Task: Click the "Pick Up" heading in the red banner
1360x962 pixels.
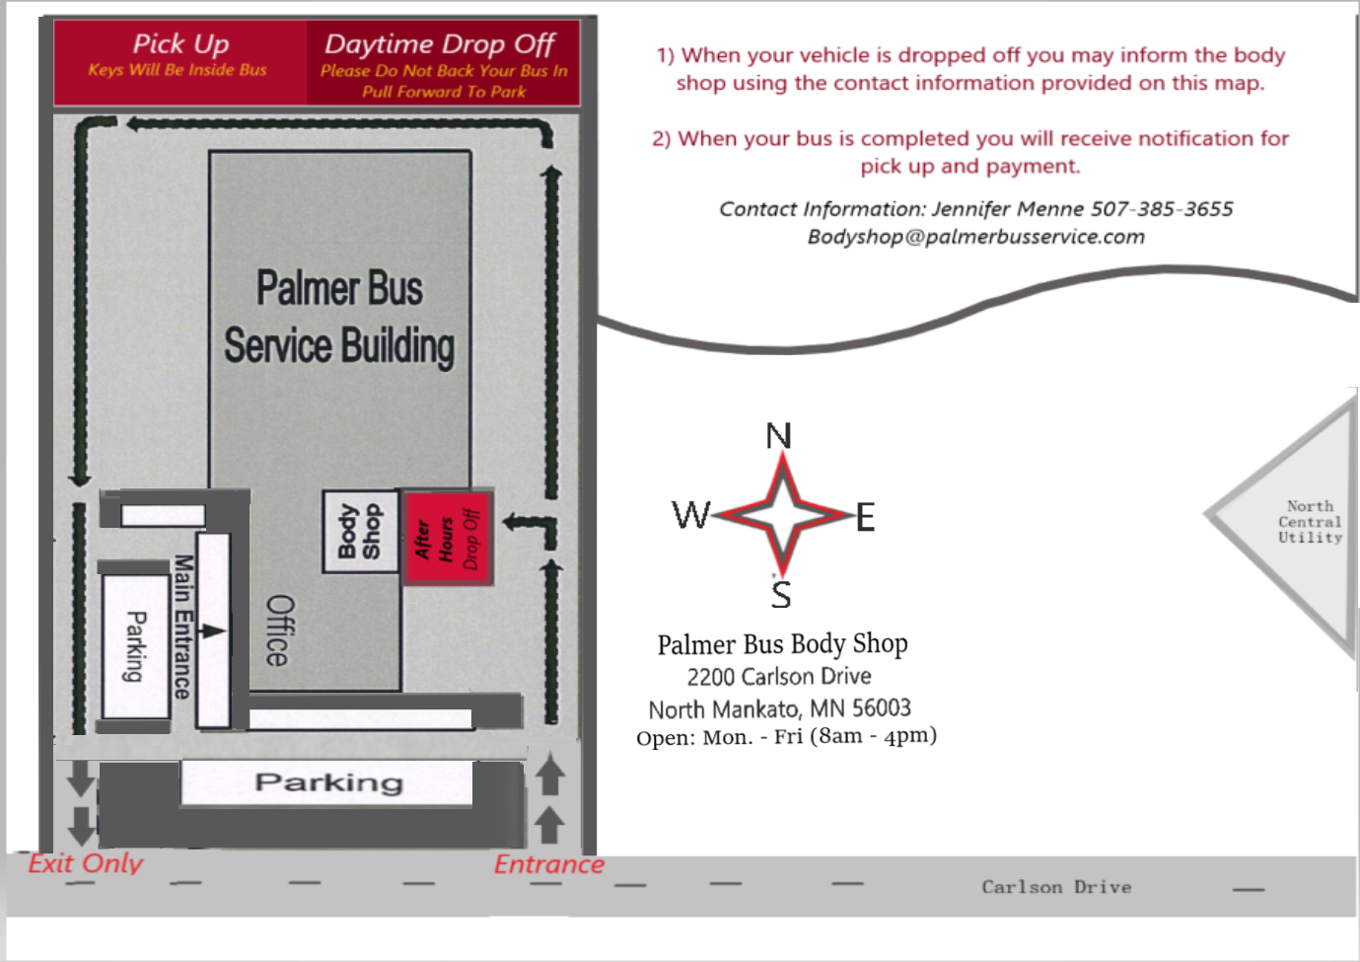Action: (180, 43)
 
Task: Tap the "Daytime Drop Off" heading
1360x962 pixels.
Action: (440, 44)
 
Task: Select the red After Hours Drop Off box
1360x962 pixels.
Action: (448, 538)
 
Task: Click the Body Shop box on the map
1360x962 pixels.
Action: (361, 532)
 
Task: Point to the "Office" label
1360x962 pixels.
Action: (280, 629)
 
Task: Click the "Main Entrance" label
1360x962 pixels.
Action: (183, 627)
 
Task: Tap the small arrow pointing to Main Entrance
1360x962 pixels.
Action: (212, 631)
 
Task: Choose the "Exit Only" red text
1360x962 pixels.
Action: (86, 863)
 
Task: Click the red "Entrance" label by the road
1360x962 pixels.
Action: (549, 864)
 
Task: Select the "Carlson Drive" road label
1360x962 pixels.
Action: (1056, 887)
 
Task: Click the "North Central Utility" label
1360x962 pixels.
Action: (1310, 522)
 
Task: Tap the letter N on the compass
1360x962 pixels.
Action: (778, 435)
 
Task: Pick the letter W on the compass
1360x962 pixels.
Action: (691, 515)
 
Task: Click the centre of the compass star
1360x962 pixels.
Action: (783, 515)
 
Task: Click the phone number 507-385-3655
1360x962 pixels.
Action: (1162, 209)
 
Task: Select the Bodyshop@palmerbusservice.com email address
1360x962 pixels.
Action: (975, 236)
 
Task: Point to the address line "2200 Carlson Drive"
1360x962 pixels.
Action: (779, 676)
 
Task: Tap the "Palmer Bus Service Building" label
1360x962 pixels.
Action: (339, 318)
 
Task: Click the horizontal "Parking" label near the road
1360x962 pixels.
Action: (328, 782)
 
